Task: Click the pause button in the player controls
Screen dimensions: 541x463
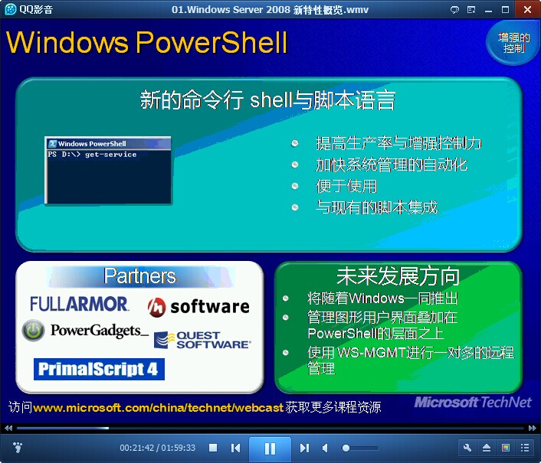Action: point(270,448)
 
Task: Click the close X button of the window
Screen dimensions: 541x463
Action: point(527,9)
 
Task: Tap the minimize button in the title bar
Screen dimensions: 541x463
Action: point(488,10)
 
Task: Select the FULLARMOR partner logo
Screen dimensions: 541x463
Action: point(79,304)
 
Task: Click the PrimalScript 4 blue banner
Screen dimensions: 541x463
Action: point(99,369)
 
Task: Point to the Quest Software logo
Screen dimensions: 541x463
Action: point(202,340)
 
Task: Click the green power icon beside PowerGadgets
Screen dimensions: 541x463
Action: point(33,330)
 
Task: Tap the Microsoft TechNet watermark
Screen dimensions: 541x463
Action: point(473,402)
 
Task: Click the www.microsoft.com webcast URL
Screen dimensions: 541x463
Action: point(159,408)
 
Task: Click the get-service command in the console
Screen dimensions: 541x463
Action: point(111,155)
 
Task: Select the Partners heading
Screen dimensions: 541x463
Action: point(140,276)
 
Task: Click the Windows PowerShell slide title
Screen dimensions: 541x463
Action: point(147,42)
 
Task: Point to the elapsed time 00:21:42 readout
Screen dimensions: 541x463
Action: point(137,448)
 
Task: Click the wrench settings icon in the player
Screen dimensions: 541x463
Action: point(467,448)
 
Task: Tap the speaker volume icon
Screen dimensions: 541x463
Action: point(325,448)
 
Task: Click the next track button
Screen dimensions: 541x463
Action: point(304,448)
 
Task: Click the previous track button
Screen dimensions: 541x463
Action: point(236,448)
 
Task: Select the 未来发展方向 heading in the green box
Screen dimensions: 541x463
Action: point(398,276)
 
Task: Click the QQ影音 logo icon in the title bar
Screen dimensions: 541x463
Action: point(11,9)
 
